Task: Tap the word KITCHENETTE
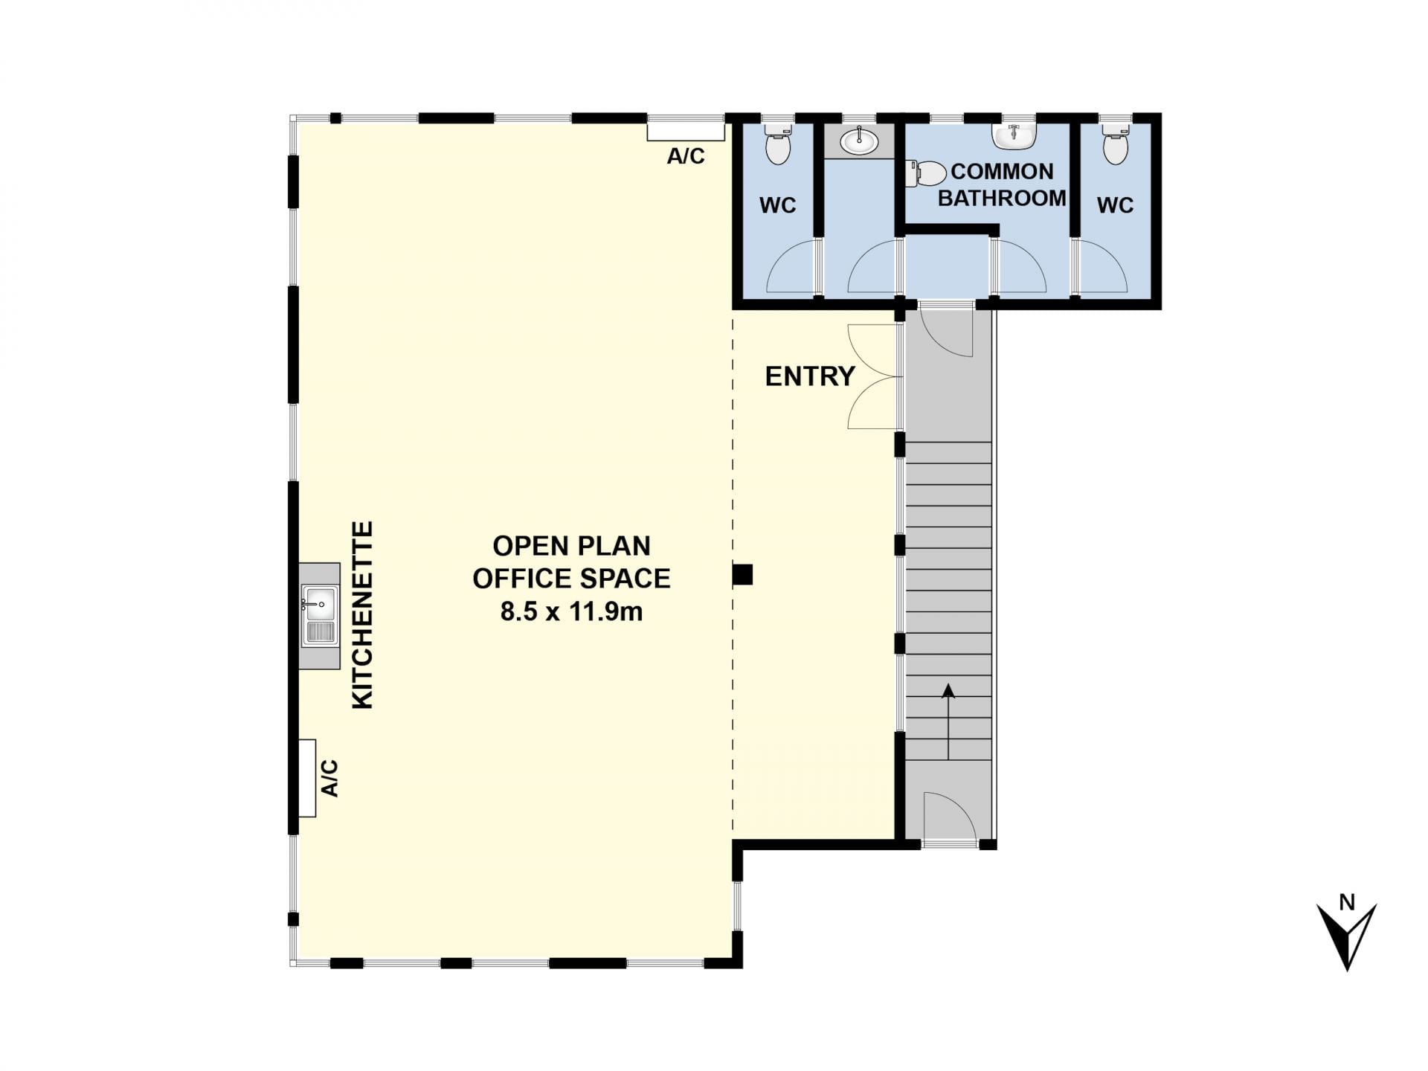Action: point(362,615)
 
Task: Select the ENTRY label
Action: point(810,376)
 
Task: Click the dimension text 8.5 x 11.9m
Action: point(571,611)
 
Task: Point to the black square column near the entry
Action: point(743,574)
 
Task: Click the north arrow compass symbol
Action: point(1347,934)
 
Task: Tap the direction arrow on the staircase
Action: point(948,721)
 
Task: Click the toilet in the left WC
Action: point(778,143)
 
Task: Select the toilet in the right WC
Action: point(1115,143)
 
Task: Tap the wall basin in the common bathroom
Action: point(1013,135)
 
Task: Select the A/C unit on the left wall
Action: point(307,778)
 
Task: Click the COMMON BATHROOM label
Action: point(1002,184)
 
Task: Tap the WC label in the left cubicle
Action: point(778,205)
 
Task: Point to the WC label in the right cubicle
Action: point(1115,205)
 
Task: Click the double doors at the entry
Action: point(875,376)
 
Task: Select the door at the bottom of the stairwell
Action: point(949,819)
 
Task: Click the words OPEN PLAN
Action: point(571,546)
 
